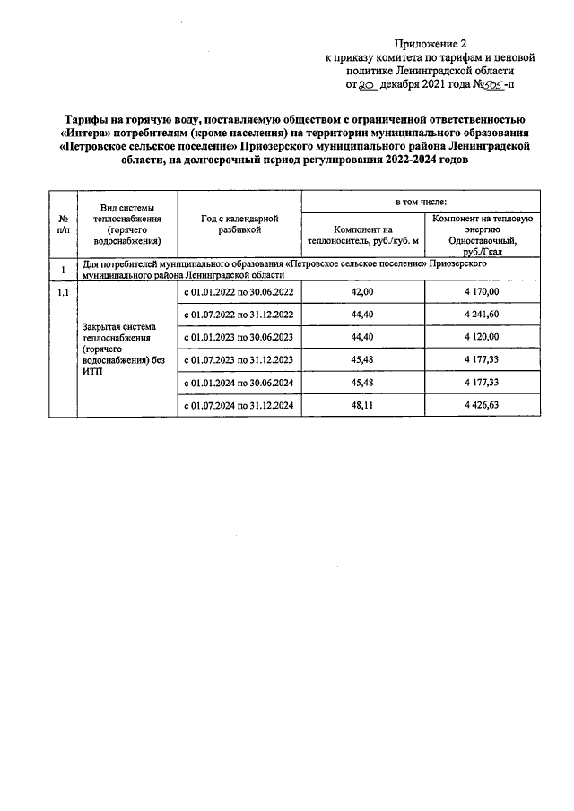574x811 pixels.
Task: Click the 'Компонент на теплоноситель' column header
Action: coord(362,236)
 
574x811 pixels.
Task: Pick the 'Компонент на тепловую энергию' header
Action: coord(482,236)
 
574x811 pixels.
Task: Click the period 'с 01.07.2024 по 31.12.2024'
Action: coord(239,406)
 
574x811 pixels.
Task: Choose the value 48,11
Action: coord(362,406)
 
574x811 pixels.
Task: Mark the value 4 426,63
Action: coord(482,406)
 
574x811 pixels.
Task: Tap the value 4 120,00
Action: coord(482,338)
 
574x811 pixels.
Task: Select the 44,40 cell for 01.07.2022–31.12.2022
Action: coord(362,315)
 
